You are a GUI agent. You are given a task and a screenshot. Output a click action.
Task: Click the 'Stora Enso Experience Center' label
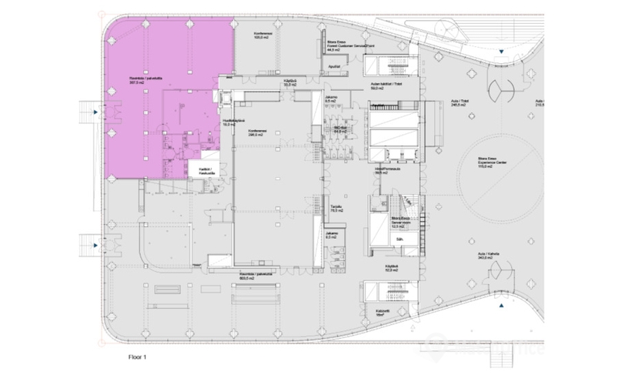[x=485, y=164]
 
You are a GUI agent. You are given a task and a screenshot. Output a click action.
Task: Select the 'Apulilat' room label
[x=334, y=68]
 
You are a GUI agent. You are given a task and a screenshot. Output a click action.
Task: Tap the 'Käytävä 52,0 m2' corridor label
[x=392, y=269]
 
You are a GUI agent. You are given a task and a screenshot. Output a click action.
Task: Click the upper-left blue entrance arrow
[x=95, y=113]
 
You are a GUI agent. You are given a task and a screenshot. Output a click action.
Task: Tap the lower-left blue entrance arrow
[x=95, y=246]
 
